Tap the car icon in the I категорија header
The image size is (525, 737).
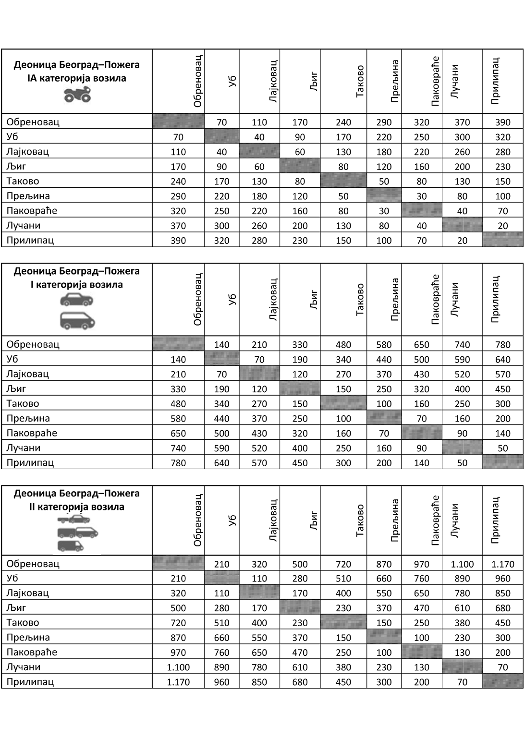(76, 301)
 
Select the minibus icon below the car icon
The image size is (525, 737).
(77, 321)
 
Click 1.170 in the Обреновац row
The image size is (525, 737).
(502, 564)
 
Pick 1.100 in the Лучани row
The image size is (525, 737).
(178, 667)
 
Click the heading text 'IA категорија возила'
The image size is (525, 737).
(77, 78)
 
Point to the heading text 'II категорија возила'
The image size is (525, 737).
(77, 507)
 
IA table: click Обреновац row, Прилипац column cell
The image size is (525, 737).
(502, 122)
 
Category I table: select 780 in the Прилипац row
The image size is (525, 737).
(178, 463)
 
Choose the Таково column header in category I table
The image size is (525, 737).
(360, 300)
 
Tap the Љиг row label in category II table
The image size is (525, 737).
(17, 608)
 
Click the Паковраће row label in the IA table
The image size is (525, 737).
(32, 211)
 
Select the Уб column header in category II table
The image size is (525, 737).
(232, 520)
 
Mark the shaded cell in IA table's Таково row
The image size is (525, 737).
(343, 181)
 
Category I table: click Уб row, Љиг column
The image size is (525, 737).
(300, 360)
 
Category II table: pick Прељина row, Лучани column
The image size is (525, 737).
(462, 638)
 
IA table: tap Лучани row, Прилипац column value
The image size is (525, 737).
(502, 226)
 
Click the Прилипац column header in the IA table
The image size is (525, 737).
(496, 81)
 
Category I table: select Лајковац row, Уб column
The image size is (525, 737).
(221, 375)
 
